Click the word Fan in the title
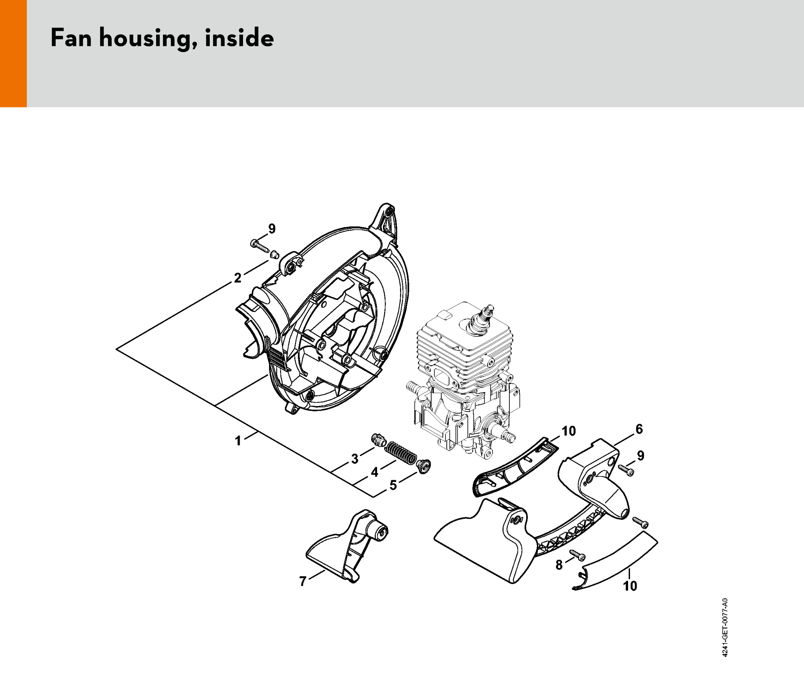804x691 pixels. (x=71, y=38)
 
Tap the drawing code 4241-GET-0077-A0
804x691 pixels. (x=725, y=628)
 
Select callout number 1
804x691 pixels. (x=238, y=441)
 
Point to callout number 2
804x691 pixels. (x=237, y=278)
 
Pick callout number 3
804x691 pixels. (x=355, y=459)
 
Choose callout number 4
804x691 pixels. (x=374, y=472)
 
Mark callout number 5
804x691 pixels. (x=393, y=485)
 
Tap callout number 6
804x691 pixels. (x=639, y=429)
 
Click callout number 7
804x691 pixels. (x=303, y=581)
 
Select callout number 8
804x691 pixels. (x=559, y=565)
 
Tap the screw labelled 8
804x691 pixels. (x=578, y=555)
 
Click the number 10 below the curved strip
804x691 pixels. (x=630, y=586)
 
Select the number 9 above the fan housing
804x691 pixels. (x=272, y=229)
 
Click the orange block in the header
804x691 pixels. (x=13, y=53)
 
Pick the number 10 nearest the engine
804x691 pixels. (x=569, y=431)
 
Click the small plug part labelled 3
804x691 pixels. (x=378, y=440)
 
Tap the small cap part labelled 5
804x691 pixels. (x=423, y=466)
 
